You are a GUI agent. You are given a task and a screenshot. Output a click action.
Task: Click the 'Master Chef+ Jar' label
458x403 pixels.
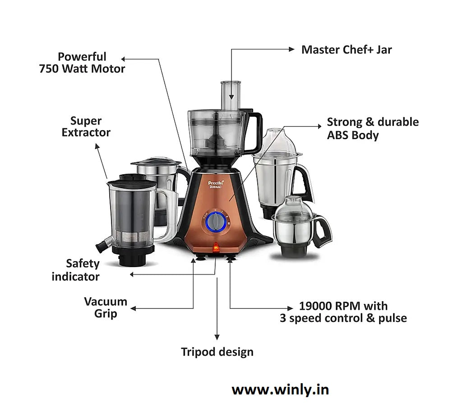346,50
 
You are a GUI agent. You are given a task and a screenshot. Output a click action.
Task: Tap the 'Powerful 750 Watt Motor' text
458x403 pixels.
82,63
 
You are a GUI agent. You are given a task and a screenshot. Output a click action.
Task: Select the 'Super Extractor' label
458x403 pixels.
86,127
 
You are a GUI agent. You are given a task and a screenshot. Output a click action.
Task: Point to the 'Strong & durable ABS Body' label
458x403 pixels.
372,128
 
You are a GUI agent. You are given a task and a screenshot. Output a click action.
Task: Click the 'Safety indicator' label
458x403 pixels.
75,270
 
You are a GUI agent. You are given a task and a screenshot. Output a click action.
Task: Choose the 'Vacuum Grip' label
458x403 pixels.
106,308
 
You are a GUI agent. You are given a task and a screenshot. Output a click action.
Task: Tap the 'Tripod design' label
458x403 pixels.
217,352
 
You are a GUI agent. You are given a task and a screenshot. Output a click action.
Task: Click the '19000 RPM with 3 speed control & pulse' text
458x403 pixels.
343,312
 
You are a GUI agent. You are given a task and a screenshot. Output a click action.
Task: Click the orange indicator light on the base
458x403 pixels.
216,246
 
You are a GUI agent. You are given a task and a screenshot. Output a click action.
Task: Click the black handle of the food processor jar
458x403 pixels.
255,131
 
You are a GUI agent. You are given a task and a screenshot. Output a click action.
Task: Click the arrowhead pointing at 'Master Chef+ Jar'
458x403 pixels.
291,50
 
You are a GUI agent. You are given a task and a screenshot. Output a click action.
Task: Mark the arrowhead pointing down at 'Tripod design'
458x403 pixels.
217,337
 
